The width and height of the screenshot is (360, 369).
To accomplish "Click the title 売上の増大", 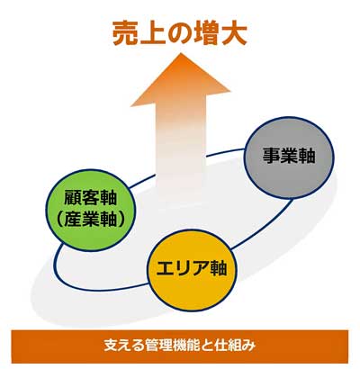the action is [x=180, y=32].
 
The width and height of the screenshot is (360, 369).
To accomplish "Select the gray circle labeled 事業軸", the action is [x=289, y=157].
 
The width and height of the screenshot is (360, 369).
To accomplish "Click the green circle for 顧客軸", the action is [x=91, y=210].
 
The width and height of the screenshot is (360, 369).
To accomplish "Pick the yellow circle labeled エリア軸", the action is [x=192, y=270].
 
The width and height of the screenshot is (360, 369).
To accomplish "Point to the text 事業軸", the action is [x=289, y=156].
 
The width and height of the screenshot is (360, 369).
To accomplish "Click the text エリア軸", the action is [x=192, y=268].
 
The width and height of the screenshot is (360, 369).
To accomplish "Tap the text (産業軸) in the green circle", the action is [x=91, y=220].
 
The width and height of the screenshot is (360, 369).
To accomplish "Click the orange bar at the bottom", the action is [x=180, y=346].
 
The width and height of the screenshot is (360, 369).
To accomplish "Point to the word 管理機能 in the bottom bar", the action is [x=172, y=346].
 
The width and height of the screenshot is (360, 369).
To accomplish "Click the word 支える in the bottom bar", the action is [x=122, y=346].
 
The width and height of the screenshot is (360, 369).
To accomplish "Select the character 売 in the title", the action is [x=125, y=33].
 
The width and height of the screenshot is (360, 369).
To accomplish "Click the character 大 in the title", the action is [x=234, y=33].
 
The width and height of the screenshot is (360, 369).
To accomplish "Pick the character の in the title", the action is [x=180, y=33].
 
